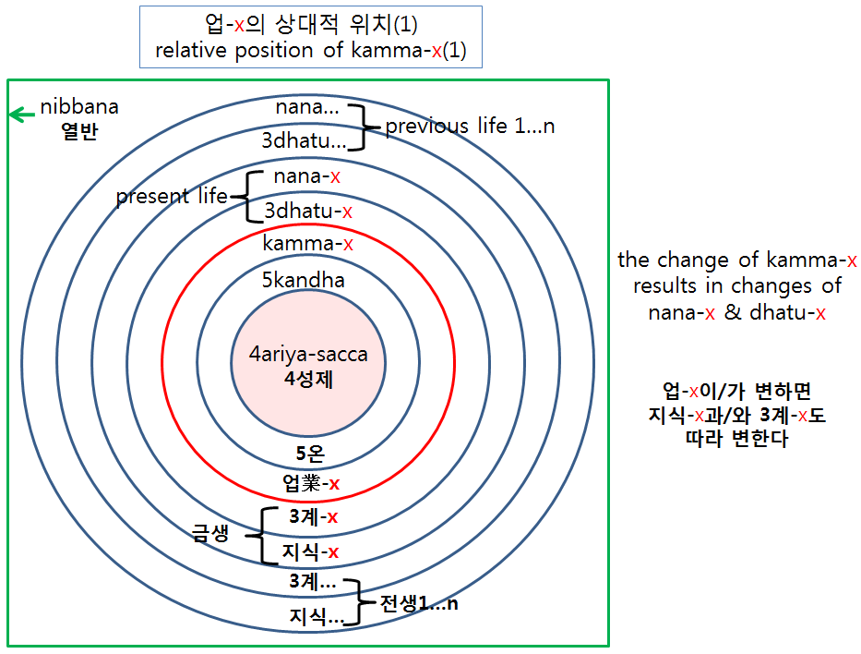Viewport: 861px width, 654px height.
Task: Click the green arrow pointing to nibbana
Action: pos(22,115)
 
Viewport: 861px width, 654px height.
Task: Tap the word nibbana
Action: pos(79,106)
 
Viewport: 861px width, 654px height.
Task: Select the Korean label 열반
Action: pos(79,131)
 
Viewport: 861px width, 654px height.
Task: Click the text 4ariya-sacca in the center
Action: pos(308,355)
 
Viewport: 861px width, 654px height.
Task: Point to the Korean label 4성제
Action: pos(308,379)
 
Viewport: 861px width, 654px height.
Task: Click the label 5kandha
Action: pos(303,280)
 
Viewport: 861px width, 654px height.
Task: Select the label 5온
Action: pos(310,454)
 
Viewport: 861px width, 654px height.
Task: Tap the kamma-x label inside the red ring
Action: pos(307,244)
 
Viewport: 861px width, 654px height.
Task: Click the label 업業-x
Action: pos(311,483)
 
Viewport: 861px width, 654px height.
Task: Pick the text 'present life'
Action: pos(172,196)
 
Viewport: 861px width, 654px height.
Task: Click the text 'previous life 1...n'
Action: pos(470,126)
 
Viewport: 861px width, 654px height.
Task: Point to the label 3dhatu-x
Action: pos(308,211)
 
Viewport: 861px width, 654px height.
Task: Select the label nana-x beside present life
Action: pos(307,176)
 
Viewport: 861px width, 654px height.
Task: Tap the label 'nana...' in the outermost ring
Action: pos(307,107)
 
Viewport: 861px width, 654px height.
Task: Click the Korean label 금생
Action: pos(210,533)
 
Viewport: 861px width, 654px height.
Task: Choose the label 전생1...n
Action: pos(419,604)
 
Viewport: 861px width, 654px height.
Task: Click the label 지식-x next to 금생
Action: pos(310,551)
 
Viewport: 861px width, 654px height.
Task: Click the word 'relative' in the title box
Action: pos(191,50)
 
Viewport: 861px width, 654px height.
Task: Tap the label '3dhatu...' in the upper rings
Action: pos(305,140)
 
